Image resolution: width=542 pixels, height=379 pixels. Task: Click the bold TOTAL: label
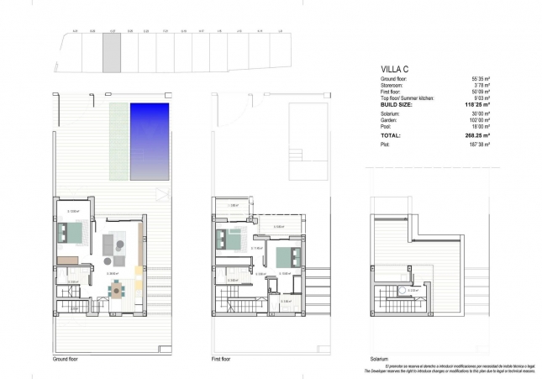(392, 134)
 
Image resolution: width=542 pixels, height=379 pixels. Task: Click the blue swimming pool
(150, 140)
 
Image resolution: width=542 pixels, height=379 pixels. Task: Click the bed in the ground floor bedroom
(71, 232)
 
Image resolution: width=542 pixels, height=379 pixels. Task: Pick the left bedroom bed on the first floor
(229, 239)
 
